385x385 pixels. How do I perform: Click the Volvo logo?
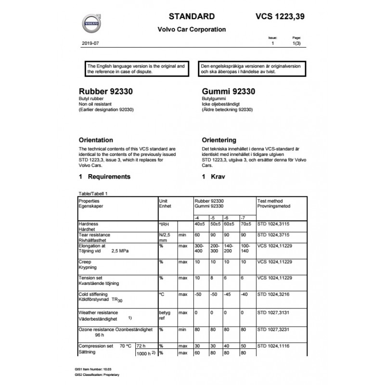coord(91,23)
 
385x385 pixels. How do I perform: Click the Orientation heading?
coord(96,140)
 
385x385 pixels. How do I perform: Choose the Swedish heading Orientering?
coord(219,140)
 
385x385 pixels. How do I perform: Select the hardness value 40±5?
coord(200,224)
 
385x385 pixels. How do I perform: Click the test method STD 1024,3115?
coord(273,224)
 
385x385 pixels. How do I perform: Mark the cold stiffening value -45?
coord(229,294)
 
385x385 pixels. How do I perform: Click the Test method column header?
coord(270,201)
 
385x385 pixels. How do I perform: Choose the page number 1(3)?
coord(297,43)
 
